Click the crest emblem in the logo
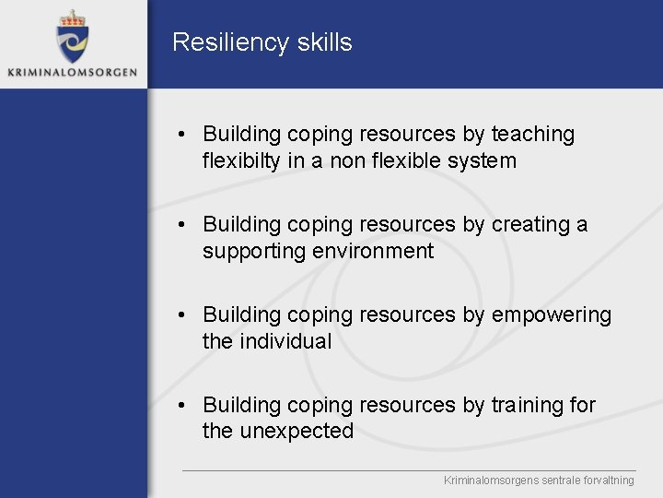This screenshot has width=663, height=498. tap(71, 41)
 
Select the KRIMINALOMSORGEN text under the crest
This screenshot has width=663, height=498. tap(72, 72)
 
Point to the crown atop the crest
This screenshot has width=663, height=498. tap(71, 18)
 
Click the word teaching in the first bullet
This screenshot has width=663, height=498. tap(532, 135)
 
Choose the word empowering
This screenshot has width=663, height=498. tap(551, 315)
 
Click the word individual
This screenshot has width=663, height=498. tap(285, 341)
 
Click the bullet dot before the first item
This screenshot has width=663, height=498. tap(184, 136)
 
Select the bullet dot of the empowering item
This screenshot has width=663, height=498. tap(184, 316)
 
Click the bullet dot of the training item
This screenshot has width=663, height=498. tap(184, 406)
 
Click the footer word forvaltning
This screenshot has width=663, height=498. tap(604, 480)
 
